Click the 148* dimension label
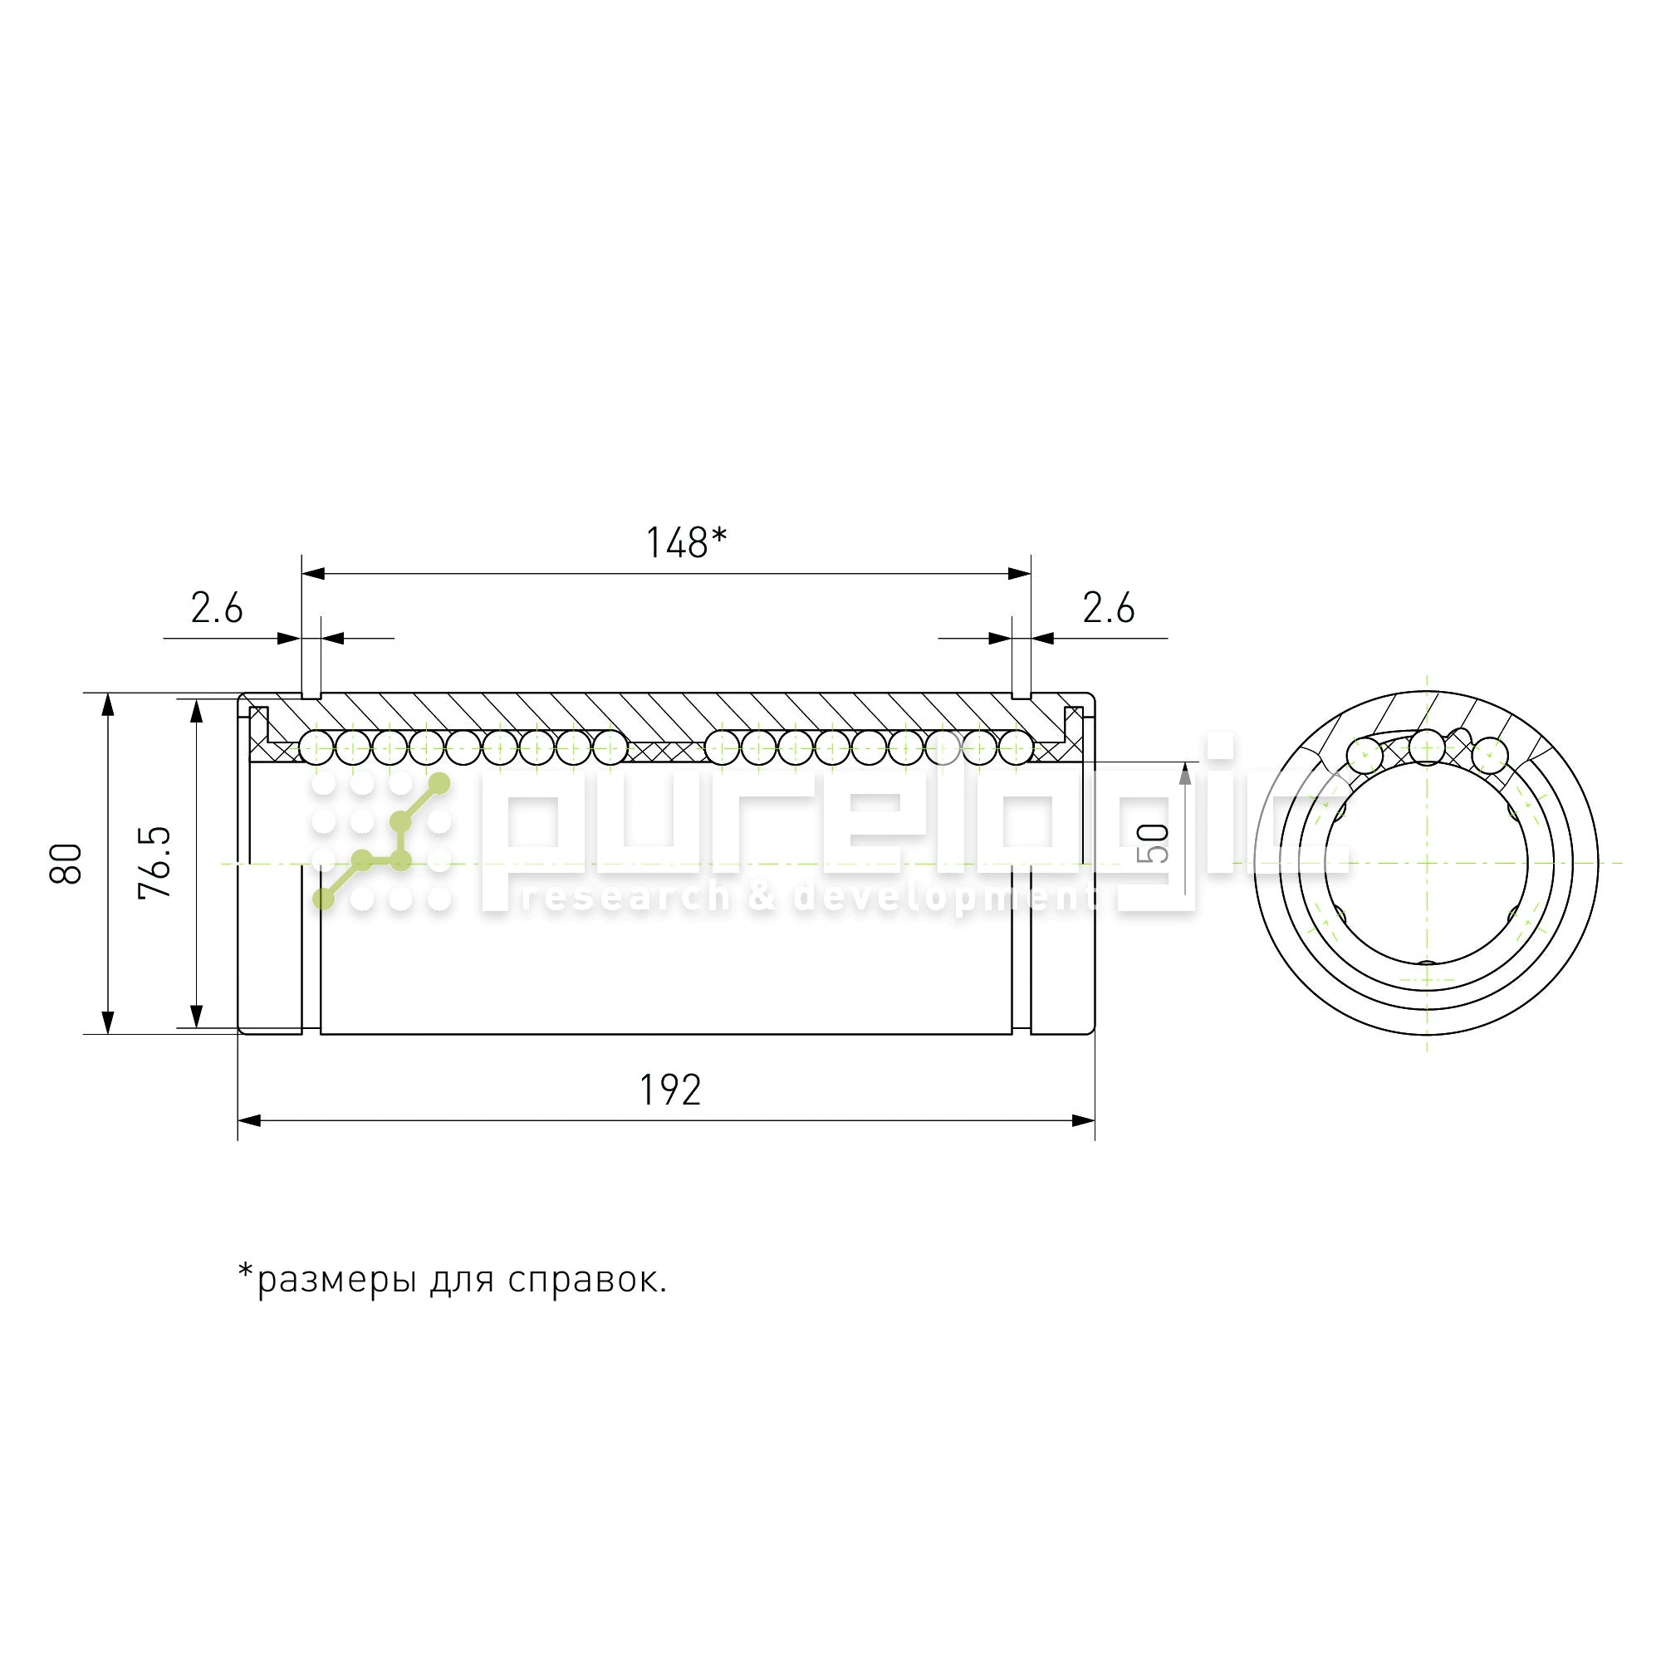pyautogui.click(x=686, y=542)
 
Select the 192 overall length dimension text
pyautogui.click(x=670, y=1090)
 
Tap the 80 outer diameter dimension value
pyautogui.click(x=66, y=863)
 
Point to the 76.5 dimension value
pyautogui.click(x=154, y=862)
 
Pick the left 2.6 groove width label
pyautogui.click(x=217, y=608)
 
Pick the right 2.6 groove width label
pyautogui.click(x=1108, y=608)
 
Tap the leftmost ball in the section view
pyautogui.click(x=316, y=747)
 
